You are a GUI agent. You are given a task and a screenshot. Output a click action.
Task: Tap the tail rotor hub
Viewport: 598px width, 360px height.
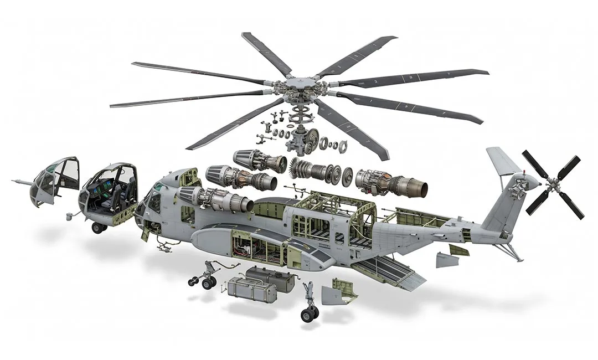point(550,183)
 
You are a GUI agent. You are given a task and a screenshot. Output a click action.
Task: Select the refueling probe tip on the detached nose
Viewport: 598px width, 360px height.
point(15,181)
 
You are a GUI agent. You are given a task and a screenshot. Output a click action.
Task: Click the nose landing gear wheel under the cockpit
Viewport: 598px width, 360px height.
point(99,228)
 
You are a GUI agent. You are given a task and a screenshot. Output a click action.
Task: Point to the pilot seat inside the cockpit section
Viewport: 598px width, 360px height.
point(117,194)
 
